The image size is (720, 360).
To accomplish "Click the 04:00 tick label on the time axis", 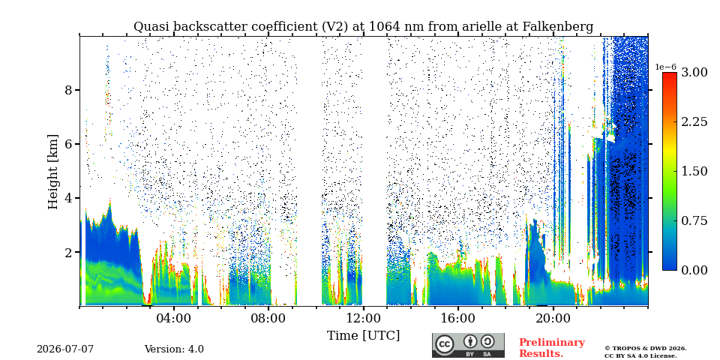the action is tap(174, 318).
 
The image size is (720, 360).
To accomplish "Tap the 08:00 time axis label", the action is tap(268, 318).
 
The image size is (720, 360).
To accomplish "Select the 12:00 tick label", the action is tap(363, 318).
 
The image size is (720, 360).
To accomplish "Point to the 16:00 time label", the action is tap(457, 318).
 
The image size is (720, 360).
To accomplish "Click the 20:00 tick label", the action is tap(553, 318).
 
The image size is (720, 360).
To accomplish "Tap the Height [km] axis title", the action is tap(54, 172).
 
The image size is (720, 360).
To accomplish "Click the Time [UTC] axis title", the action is tap(363, 336).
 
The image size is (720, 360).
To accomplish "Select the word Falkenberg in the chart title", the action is tap(558, 27).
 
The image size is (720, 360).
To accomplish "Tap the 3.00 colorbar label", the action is tap(694, 73).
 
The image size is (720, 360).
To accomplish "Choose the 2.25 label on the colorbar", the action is tap(694, 121).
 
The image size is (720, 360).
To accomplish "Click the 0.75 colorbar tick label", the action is tap(694, 220).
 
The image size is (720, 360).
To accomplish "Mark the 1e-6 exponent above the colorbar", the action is tap(666, 67).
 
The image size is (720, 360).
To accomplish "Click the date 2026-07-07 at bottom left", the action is tap(65, 349).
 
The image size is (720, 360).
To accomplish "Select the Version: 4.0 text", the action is tap(174, 349).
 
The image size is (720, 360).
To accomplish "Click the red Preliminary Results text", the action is tap(552, 348).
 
